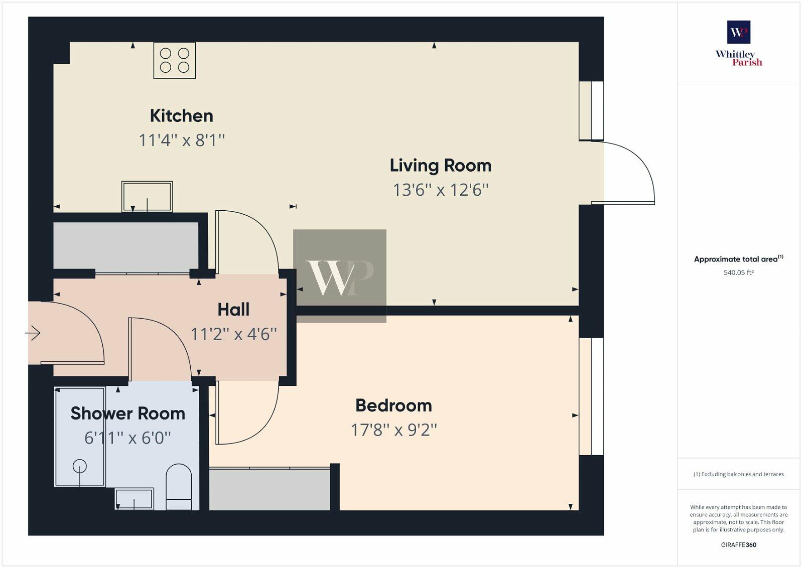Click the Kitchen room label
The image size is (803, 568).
[181, 116]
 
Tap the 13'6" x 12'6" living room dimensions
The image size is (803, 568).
[440, 190]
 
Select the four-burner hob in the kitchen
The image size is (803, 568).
[174, 61]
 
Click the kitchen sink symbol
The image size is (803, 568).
[147, 196]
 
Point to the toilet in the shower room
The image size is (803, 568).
[179, 487]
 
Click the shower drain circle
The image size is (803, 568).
[80, 467]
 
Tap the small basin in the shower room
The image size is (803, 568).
[134, 499]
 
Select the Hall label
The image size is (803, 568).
[233, 310]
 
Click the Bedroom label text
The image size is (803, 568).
[393, 405]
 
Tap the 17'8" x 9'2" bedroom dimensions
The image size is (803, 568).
[393, 430]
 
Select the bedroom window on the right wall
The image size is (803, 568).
[591, 396]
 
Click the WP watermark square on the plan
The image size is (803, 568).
[340, 276]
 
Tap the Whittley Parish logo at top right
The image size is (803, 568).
[738, 44]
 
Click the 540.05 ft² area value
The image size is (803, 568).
[738, 273]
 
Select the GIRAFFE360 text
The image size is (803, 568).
[738, 545]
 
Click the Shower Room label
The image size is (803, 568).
[127, 413]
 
